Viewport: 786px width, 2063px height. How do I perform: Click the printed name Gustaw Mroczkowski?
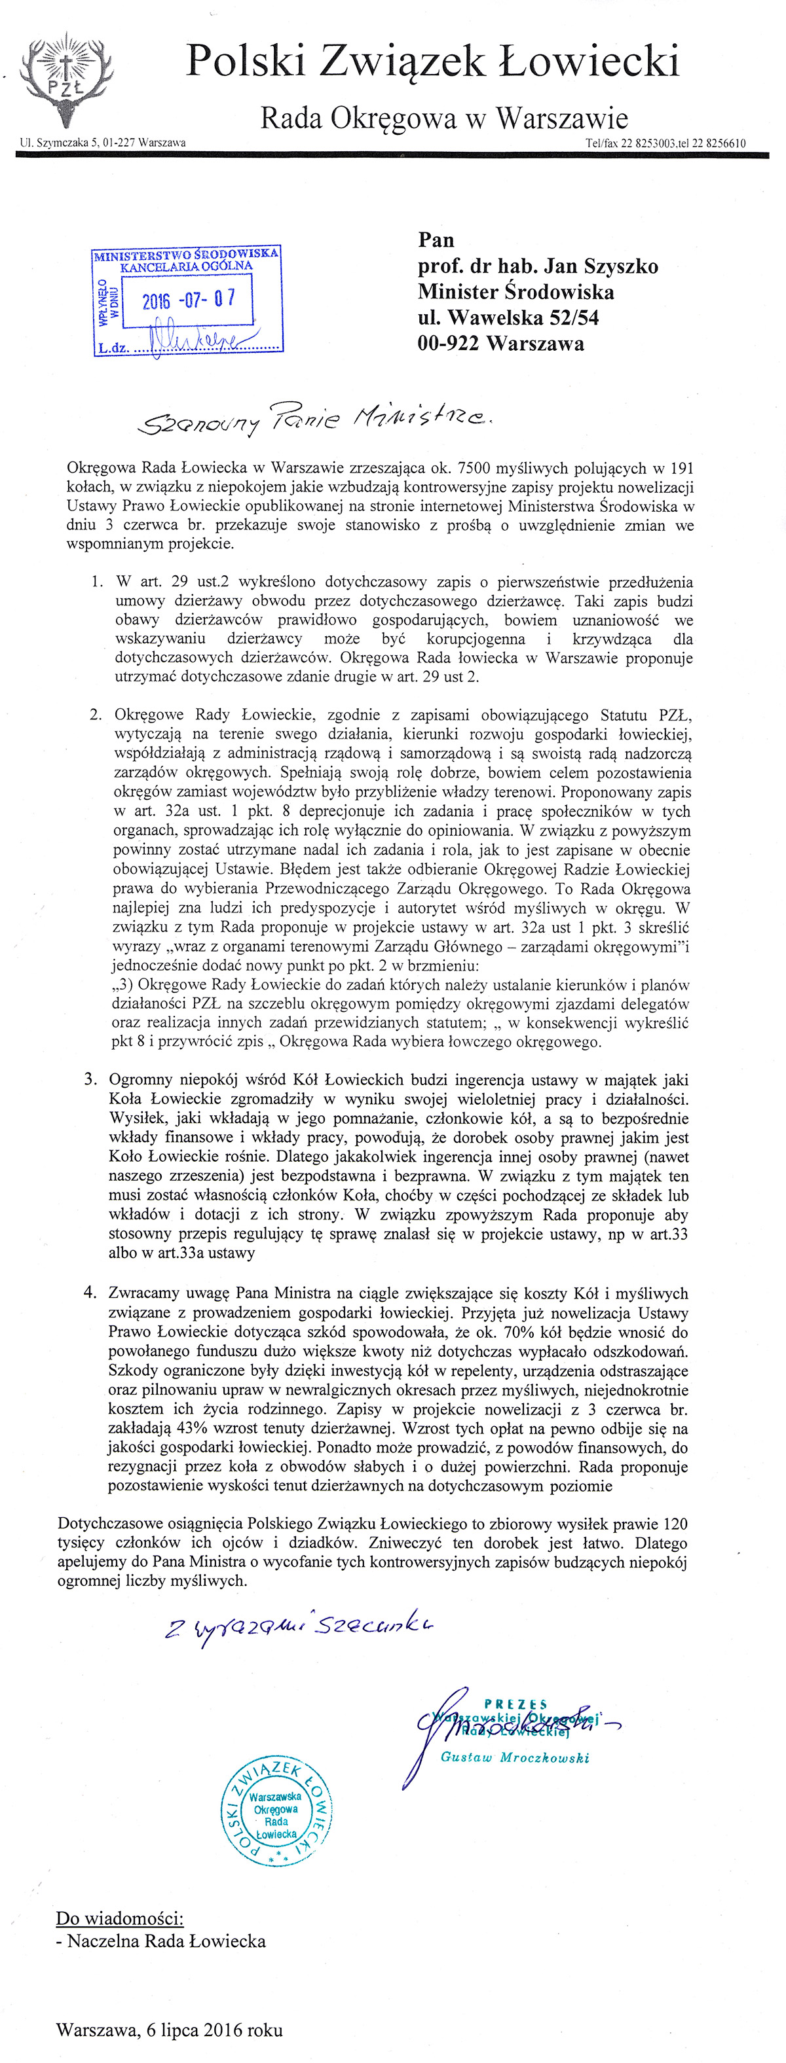(514, 1757)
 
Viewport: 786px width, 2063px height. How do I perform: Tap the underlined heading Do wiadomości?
(119, 1918)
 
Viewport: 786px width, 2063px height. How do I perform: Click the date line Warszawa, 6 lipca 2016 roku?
(169, 2030)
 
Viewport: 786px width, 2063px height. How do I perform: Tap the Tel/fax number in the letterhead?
(666, 143)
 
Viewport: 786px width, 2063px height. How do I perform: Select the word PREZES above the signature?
(516, 1704)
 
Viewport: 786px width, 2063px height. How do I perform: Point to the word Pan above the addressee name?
(436, 240)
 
